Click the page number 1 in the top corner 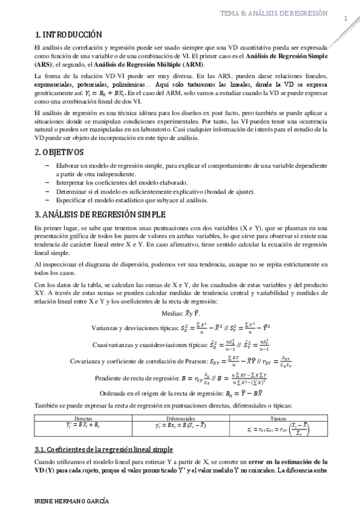(346, 18)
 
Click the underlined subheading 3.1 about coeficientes (104, 449)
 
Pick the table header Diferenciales (182, 417)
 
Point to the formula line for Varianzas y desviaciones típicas (181, 329)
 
